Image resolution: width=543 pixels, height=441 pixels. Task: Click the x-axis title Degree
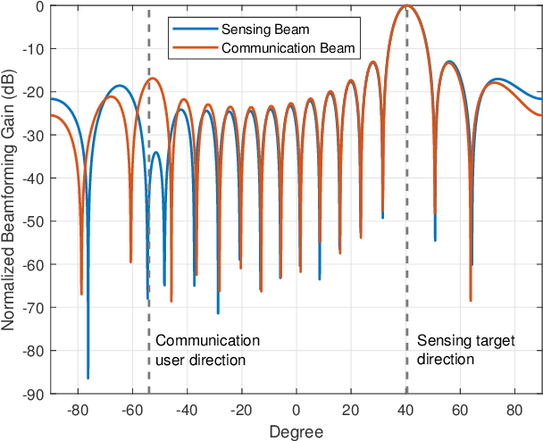(x=297, y=431)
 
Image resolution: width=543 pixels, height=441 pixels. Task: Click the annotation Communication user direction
(x=207, y=350)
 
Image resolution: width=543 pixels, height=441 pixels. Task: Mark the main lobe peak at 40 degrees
(x=406, y=6)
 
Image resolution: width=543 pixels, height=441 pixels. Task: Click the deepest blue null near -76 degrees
(x=88, y=378)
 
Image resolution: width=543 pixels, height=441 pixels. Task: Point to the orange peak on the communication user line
(x=154, y=79)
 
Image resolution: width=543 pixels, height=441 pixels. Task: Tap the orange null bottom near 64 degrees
(x=471, y=300)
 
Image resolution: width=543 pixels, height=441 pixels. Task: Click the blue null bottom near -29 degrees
(x=218, y=312)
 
